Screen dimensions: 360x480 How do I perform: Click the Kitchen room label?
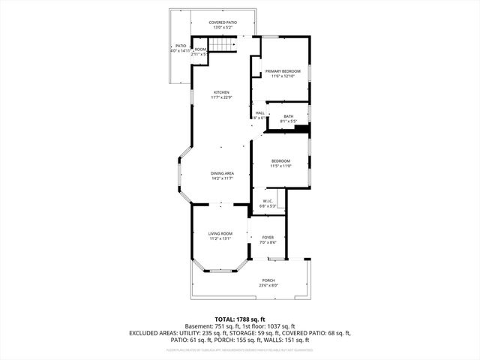[221, 92]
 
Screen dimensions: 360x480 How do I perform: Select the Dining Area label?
[222, 173]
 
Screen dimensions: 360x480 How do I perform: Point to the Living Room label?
[220, 234]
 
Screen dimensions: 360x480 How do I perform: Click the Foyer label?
[268, 238]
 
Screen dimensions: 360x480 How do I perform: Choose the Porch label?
[268, 280]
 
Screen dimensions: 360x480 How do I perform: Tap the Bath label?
[289, 115]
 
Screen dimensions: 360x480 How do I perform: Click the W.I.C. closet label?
[268, 201]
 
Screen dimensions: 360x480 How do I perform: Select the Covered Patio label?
[223, 22]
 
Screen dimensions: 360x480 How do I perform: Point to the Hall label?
[259, 113]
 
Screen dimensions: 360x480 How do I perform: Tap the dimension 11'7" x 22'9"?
[221, 97]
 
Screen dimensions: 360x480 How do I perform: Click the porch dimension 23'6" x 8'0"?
[268, 286]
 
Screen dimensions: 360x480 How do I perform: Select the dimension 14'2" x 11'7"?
[222, 178]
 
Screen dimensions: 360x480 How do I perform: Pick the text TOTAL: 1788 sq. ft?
[240, 319]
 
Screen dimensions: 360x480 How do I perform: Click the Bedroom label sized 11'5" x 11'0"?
[280, 160]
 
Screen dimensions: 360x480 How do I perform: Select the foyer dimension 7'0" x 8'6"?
[268, 243]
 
